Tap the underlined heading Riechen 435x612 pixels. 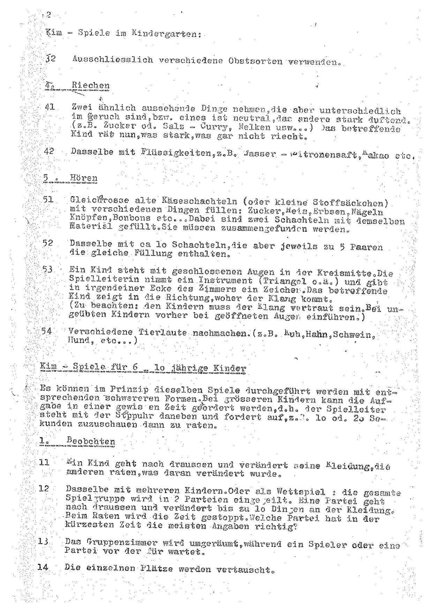point(90,86)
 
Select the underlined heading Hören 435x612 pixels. point(83,178)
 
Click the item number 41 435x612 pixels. point(50,107)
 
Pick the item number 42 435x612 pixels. point(49,152)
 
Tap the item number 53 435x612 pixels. point(47,270)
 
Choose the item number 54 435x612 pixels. point(47,331)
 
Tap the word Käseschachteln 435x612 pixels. point(200,201)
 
